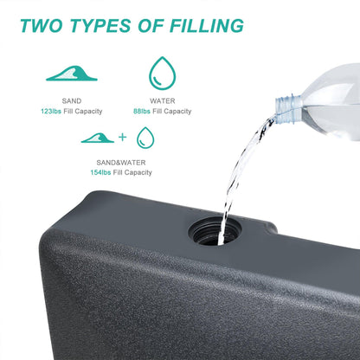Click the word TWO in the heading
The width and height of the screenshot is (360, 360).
(x=41, y=26)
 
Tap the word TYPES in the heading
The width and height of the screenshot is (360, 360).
(x=100, y=26)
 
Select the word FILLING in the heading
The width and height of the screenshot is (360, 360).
(x=207, y=26)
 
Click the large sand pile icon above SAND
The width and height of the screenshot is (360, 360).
(x=72, y=74)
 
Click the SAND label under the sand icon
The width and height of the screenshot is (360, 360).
(x=72, y=101)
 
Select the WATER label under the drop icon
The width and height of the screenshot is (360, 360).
(x=163, y=101)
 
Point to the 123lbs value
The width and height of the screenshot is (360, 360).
(x=51, y=112)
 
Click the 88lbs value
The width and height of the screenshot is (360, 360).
(x=142, y=112)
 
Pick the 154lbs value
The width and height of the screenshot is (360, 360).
(x=100, y=172)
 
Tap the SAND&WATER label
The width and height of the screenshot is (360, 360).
(x=121, y=163)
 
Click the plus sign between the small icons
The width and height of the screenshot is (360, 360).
(x=123, y=137)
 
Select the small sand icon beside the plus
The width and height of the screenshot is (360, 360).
(x=98, y=138)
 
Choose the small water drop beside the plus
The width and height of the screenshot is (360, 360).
(x=145, y=138)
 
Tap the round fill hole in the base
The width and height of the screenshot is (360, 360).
(x=215, y=231)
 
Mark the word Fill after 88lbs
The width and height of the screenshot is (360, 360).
(x=157, y=112)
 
